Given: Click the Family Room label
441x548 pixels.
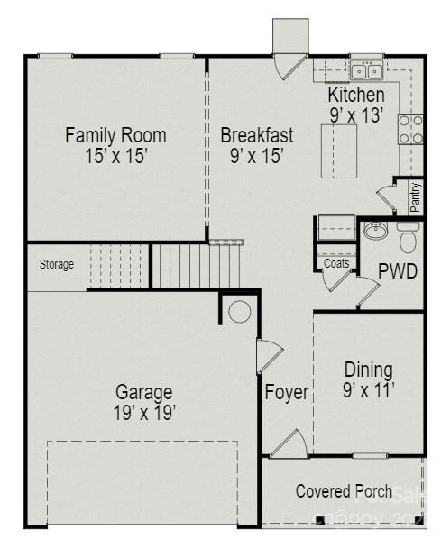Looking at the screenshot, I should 115,135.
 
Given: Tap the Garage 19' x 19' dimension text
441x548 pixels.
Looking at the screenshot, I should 144,413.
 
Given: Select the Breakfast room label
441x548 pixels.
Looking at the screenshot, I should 257,135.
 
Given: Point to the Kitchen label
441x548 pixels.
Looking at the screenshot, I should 355,95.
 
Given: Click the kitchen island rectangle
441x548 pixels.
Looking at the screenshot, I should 340,151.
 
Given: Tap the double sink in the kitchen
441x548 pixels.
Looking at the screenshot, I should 366,71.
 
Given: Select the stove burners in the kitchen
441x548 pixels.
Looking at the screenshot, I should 410,130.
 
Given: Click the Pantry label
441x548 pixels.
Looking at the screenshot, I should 415,196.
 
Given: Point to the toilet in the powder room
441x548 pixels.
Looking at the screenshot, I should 408,239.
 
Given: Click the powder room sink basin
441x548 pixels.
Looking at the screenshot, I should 376,232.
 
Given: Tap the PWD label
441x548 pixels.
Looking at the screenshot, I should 398,271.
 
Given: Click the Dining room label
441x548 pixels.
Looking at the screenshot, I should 369,370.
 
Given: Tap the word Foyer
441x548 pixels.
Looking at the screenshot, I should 287,393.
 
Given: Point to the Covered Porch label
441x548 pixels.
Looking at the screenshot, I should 344,491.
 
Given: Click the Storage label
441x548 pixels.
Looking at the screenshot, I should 56,265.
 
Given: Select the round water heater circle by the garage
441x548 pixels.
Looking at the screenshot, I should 239,312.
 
